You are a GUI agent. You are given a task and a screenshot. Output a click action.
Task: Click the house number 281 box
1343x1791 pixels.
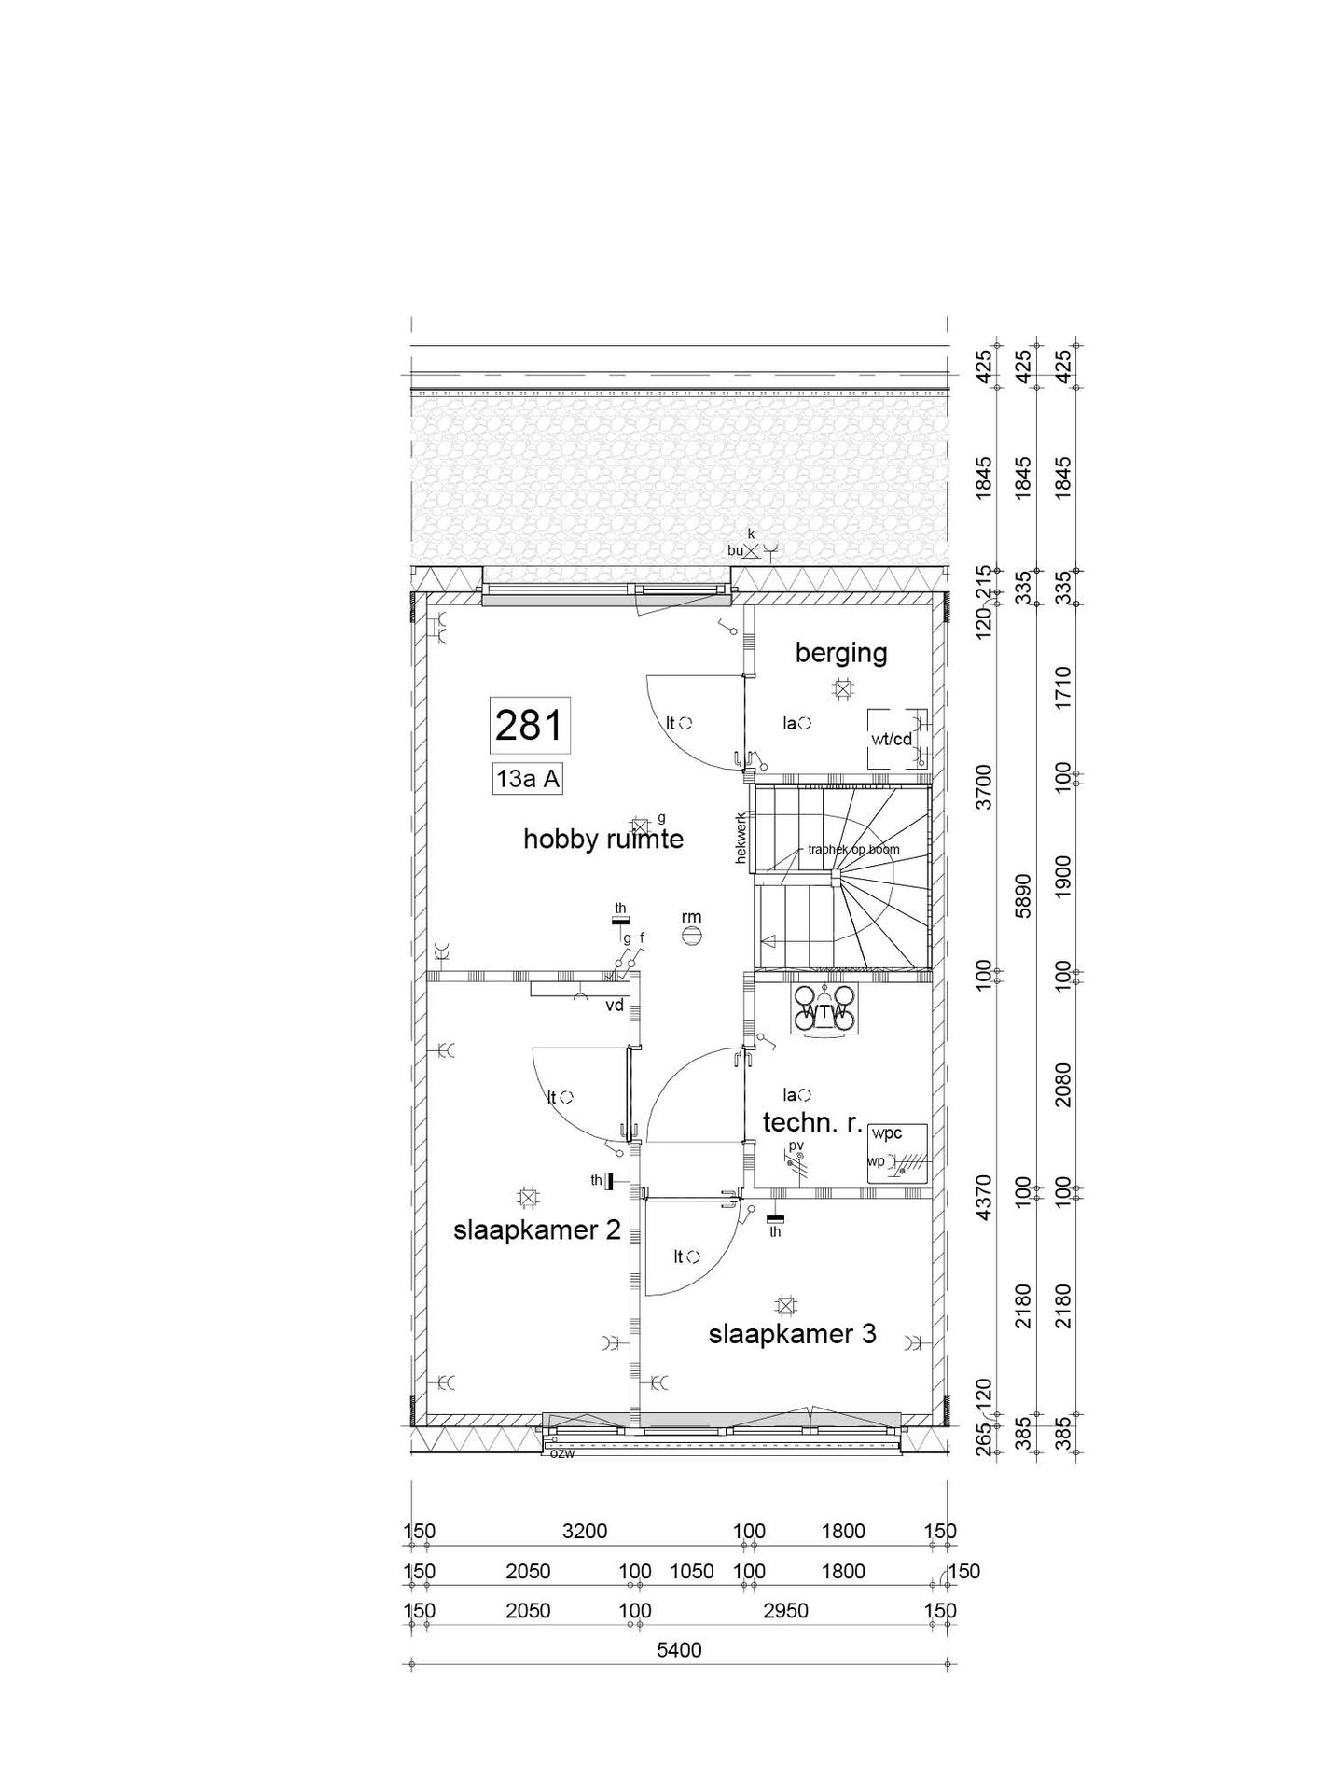[529, 725]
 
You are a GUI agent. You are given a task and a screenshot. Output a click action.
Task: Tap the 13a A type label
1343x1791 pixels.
[528, 779]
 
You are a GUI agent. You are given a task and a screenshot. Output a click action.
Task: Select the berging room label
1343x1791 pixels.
[840, 653]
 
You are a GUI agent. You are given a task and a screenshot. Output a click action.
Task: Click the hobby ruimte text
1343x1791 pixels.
[602, 840]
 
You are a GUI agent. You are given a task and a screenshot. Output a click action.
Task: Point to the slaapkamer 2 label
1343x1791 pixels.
[536, 1230]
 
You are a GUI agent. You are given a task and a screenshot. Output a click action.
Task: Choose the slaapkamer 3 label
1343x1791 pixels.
[792, 1334]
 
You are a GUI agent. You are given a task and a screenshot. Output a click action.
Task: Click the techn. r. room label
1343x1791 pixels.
[812, 1123]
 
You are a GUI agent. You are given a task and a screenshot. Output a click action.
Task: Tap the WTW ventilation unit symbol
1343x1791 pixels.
[825, 1011]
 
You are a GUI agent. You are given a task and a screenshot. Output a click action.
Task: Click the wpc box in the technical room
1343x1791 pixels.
[897, 1154]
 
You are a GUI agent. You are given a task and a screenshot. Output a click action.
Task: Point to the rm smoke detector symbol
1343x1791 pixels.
[691, 937]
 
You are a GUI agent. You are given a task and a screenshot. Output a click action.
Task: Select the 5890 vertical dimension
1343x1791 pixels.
[1023, 896]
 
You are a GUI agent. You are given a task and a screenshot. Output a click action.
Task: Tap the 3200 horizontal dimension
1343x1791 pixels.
[585, 1532]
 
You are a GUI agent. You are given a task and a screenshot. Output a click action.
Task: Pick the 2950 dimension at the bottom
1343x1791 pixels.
[785, 1611]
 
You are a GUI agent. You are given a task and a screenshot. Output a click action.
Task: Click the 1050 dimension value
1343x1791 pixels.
[691, 1572]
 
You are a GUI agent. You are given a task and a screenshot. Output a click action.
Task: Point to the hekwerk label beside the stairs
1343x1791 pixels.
[742, 837]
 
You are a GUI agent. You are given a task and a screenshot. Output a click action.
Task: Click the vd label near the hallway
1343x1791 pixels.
[614, 1006]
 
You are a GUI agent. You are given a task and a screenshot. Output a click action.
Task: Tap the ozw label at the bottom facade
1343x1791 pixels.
[561, 1453]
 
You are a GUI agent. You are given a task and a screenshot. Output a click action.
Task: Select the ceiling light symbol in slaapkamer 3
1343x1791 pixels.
[785, 1306]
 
